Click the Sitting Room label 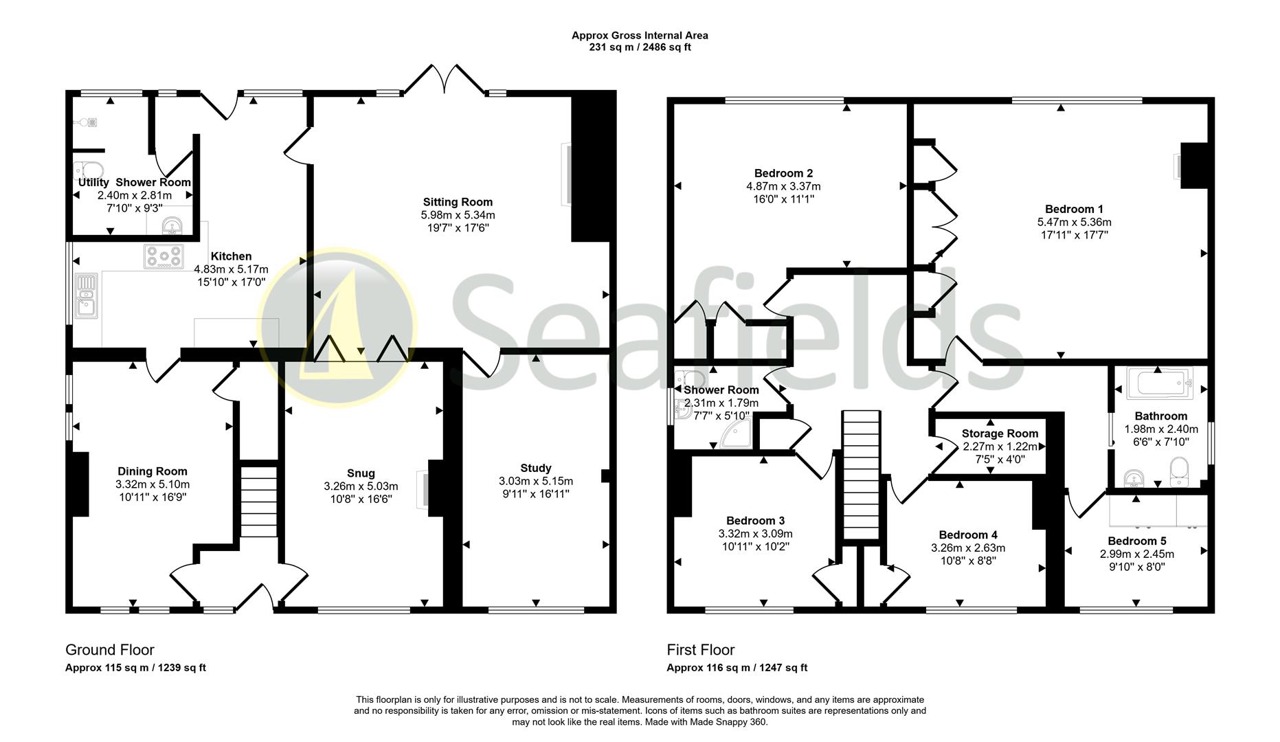pos(458,202)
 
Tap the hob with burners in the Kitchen pos(164,256)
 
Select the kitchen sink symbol pos(86,295)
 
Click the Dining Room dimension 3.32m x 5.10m pos(152,484)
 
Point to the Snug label pos(361,473)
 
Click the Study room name pos(536,468)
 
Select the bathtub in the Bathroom pos(1158,383)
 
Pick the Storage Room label pos(1000,434)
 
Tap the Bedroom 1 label pos(1074,209)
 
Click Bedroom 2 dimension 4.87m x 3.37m pos(783,186)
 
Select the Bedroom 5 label pos(1136,541)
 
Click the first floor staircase pos(861,474)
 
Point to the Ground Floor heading pos(110,650)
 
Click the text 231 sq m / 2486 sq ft pos(640,47)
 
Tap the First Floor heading pos(700,650)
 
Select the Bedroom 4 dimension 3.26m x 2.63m pos(967,548)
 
